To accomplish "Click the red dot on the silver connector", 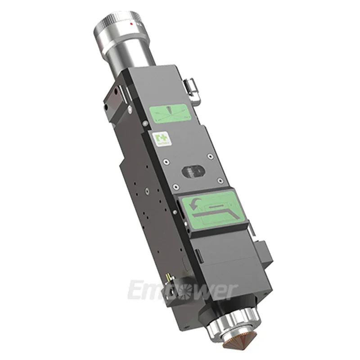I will [x=130, y=22].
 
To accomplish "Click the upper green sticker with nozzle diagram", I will [x=171, y=112].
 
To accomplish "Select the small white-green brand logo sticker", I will [x=156, y=137].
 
